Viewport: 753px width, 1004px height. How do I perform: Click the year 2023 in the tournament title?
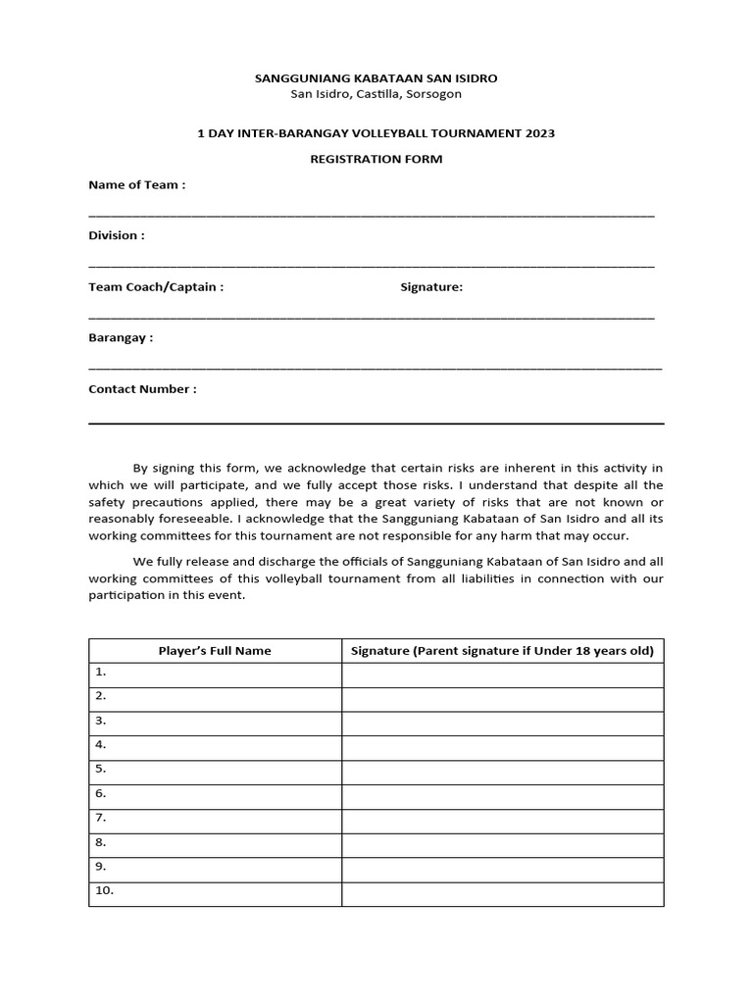tap(538, 133)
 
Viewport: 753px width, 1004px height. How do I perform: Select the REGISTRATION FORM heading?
tap(376, 159)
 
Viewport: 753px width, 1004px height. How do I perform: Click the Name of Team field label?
tap(136, 184)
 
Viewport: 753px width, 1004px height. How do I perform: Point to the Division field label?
tap(117, 235)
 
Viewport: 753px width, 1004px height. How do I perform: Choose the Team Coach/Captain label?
tap(156, 286)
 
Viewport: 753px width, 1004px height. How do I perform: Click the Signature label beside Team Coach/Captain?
tap(431, 286)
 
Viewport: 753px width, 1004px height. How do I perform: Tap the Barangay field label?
tap(121, 337)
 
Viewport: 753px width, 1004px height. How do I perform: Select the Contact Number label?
tap(142, 388)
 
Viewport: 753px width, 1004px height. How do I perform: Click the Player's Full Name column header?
tap(215, 650)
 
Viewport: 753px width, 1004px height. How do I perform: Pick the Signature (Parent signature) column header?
tap(502, 650)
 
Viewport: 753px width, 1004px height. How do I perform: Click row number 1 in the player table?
tap(100, 672)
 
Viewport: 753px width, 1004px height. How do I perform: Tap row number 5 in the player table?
tap(100, 769)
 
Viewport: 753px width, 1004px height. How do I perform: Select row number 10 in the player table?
tap(104, 890)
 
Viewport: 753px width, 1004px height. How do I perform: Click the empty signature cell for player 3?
tap(502, 723)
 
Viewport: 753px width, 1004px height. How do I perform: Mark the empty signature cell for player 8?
tap(502, 844)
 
